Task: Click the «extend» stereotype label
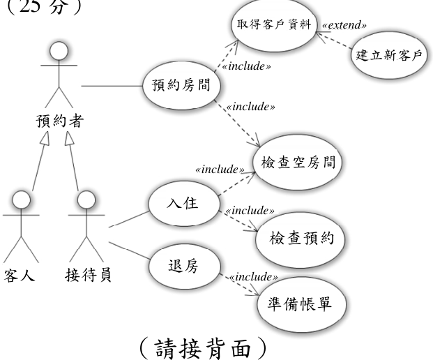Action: pyautogui.click(x=344, y=25)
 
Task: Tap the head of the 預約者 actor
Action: pyautogui.click(x=59, y=51)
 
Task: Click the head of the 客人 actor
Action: pyautogui.click(x=21, y=200)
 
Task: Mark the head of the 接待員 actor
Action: pyautogui.click(x=86, y=200)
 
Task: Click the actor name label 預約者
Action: pyautogui.click(x=59, y=121)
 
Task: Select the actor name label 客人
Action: pyautogui.click(x=19, y=275)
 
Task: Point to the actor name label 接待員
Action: pyautogui.click(x=88, y=275)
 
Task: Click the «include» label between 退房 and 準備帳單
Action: pyautogui.click(x=254, y=277)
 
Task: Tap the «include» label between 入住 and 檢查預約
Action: pyautogui.click(x=250, y=211)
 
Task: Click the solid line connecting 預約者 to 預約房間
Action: pyautogui.click(x=112, y=86)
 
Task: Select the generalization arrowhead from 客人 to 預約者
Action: pyautogui.click(x=46, y=138)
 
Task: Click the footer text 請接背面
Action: pyautogui.click(x=203, y=348)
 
